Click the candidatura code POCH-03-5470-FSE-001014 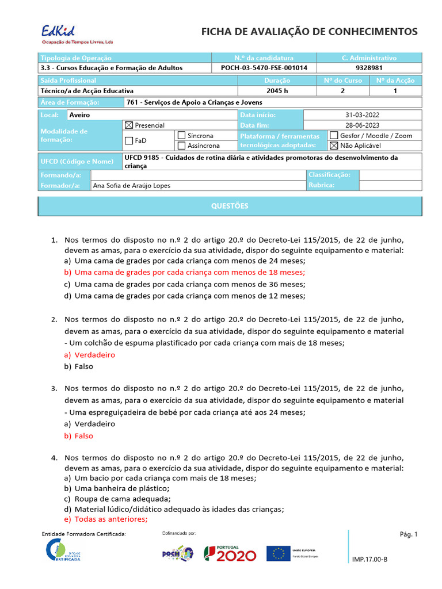(264, 68)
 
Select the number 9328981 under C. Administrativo (369, 68)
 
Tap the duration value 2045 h (278, 91)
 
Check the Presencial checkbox (129, 125)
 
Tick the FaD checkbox (129, 140)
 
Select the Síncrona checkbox (181, 135)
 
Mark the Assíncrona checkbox (181, 146)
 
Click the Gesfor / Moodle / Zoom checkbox (333, 135)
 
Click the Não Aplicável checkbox (333, 146)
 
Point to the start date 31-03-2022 (362, 115)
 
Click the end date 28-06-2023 (362, 125)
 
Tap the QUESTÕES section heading (230, 206)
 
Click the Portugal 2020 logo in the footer (230, 553)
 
